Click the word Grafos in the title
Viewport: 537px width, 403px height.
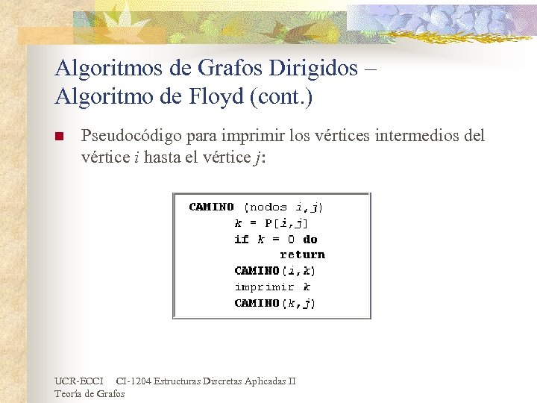tap(224, 69)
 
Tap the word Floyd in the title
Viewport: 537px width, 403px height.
tap(216, 97)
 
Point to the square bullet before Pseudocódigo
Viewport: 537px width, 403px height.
tap(60, 137)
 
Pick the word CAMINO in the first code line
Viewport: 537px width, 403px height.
tap(211, 207)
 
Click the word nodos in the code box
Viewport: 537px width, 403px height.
tap(268, 207)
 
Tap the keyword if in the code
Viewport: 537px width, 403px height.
tap(241, 239)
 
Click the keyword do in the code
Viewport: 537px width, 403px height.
tap(310, 239)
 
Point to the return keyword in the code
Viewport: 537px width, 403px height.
tap(302, 254)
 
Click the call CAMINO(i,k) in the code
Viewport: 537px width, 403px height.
tap(274, 270)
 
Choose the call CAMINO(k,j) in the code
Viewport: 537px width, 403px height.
tap(274, 302)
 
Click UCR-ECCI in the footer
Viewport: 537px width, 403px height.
tap(79, 381)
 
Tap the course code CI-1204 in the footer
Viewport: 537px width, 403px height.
tap(134, 381)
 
